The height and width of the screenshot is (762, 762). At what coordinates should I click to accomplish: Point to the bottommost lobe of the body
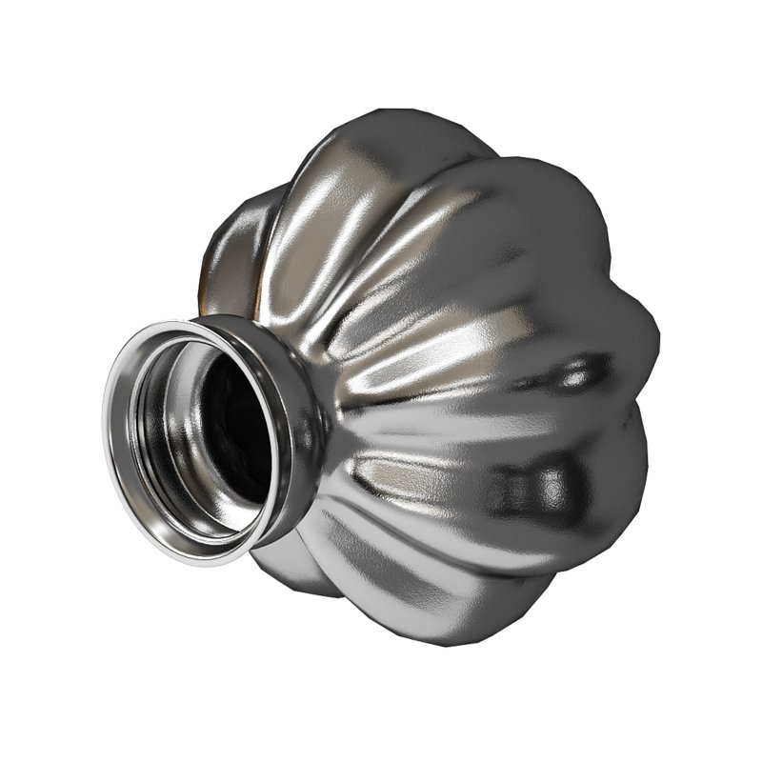448,619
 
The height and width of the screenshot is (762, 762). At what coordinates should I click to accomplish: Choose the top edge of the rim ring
190,324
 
